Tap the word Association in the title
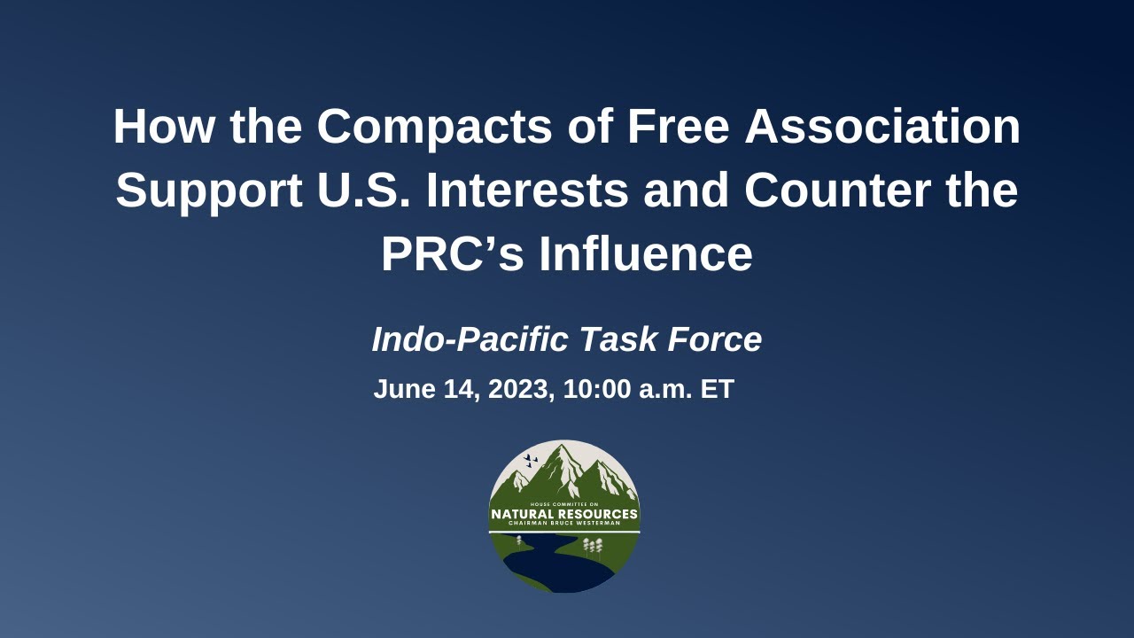882,126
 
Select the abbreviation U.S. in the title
360,191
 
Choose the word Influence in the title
646,254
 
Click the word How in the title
165,126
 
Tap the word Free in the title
678,126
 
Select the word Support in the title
209,191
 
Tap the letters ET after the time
717,389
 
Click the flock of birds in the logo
531,460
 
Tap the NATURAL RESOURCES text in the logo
564,514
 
